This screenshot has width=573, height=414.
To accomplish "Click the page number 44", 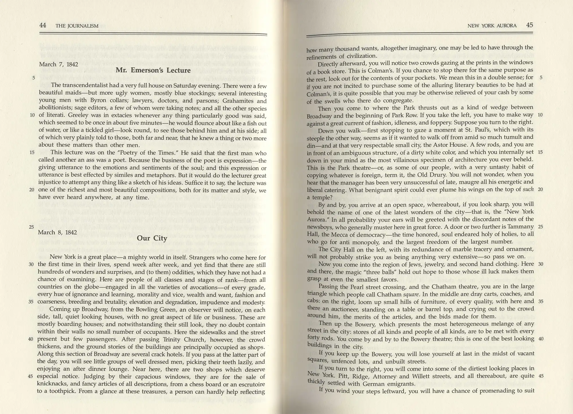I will pyautogui.click(x=42, y=25).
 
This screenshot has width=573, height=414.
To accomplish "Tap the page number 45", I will pyautogui.click(x=529, y=25).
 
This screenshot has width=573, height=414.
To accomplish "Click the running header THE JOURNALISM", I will pyautogui.click(x=77, y=26).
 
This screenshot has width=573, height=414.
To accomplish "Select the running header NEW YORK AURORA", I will pyautogui.click(x=492, y=25).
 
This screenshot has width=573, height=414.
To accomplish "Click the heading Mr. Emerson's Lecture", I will pyautogui.click(x=153, y=70).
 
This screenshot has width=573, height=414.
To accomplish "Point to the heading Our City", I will pyautogui.click(x=152, y=238).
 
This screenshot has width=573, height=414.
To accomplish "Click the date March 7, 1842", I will pyautogui.click(x=58, y=64).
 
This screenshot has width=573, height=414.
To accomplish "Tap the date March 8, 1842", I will pyautogui.click(x=57, y=232).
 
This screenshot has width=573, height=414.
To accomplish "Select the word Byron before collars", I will pyautogui.click(x=99, y=101).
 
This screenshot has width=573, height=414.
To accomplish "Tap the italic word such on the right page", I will pyautogui.click(x=528, y=189).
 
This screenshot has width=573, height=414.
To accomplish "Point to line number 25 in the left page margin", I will pyautogui.click(x=32, y=227).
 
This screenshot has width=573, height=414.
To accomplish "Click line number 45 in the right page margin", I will pyautogui.click(x=541, y=376).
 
